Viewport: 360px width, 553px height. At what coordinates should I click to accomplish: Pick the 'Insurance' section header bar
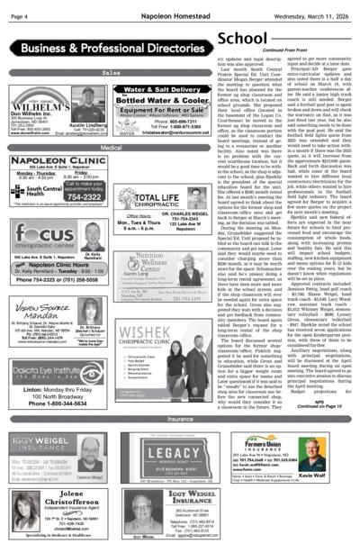180,419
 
